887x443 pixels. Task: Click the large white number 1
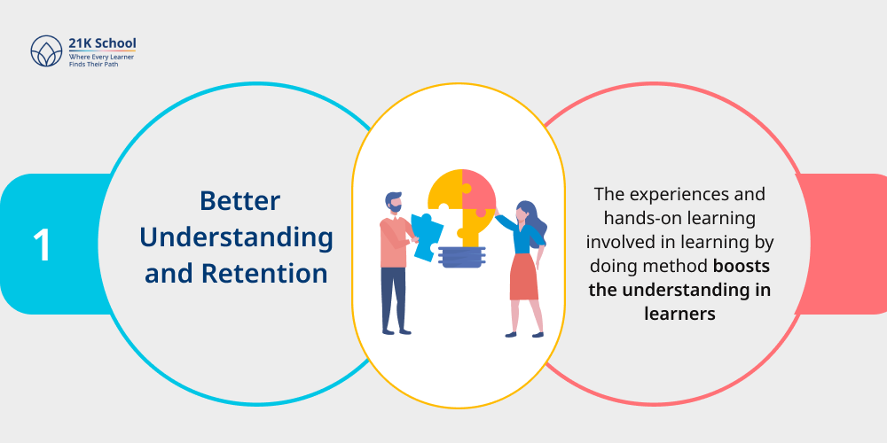pyautogui.click(x=42, y=245)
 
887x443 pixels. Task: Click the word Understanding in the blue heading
pyautogui.click(x=237, y=237)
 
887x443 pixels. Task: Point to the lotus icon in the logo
pyautogui.click(x=46, y=51)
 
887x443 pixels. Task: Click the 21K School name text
pyautogui.click(x=102, y=43)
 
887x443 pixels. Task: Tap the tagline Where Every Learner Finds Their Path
pyautogui.click(x=101, y=60)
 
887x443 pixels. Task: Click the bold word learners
pyautogui.click(x=679, y=314)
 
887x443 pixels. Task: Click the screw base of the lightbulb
pyautogui.click(x=461, y=257)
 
